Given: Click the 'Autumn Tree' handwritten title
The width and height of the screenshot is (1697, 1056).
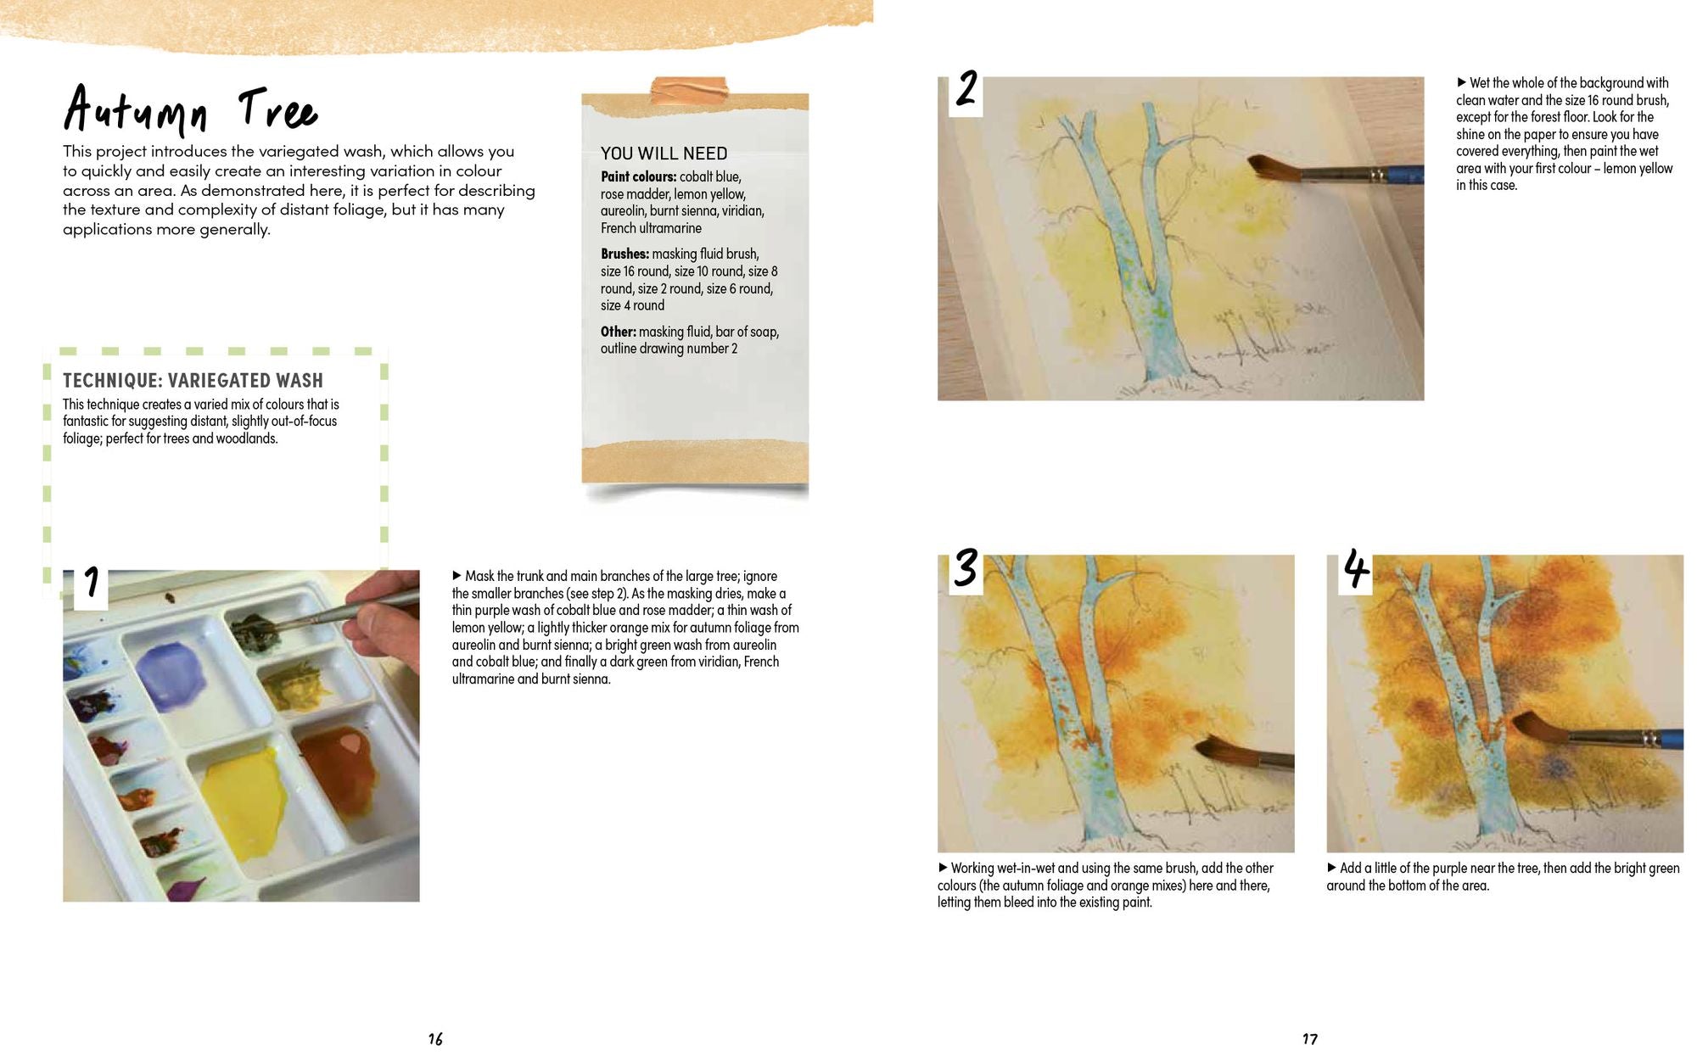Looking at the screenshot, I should click(x=190, y=111).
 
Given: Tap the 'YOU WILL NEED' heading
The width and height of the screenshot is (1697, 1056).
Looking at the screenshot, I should click(x=664, y=154).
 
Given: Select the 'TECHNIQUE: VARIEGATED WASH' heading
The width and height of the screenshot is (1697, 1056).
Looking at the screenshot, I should click(x=193, y=381).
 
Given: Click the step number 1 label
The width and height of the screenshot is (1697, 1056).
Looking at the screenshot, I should click(x=91, y=584).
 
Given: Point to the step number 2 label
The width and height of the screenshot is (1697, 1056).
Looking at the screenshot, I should click(x=966, y=90).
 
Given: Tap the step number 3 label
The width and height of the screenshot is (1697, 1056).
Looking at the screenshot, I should click(x=966, y=568).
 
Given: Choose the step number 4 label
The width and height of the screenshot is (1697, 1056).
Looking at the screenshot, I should click(x=1355, y=569).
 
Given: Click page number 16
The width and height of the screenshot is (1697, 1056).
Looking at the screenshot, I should click(x=435, y=1039).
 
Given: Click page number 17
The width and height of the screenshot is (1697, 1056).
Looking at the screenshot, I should click(x=1310, y=1039).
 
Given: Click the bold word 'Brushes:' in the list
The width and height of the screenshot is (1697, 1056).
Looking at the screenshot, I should click(x=624, y=254).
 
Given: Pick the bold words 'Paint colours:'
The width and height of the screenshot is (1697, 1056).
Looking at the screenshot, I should click(x=638, y=176).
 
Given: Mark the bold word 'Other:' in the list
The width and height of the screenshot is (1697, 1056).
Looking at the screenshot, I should click(x=618, y=332).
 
